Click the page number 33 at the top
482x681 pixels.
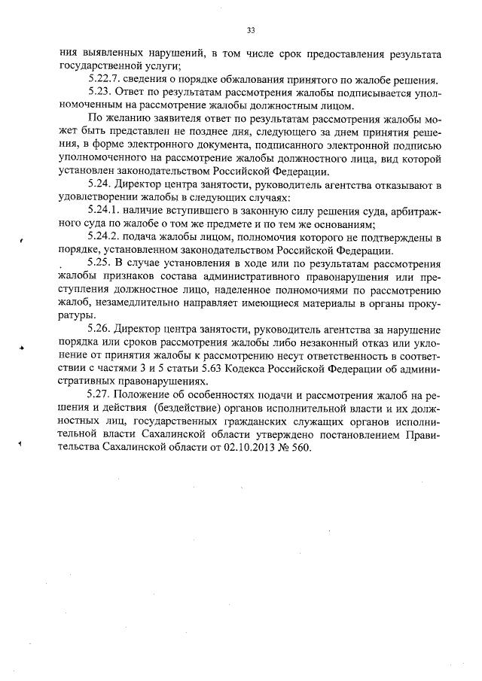point(251,30)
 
